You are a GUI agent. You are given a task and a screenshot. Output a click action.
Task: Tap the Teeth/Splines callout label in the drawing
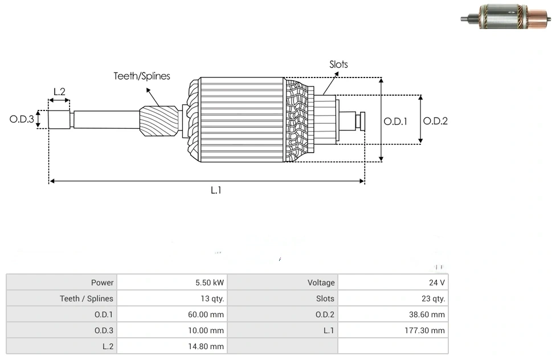pos(142,76)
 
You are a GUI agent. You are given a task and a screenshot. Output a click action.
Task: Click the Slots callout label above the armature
pos(338,64)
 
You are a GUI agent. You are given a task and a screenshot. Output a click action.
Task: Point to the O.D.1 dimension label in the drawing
pos(395,121)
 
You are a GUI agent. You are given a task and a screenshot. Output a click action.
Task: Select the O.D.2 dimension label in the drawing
pos(435,121)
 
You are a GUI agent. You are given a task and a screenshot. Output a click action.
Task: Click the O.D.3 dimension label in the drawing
pos(22,120)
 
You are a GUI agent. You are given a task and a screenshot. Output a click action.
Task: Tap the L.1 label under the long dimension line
pos(216,190)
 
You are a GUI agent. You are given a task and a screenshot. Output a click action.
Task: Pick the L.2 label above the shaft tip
pos(59,91)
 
